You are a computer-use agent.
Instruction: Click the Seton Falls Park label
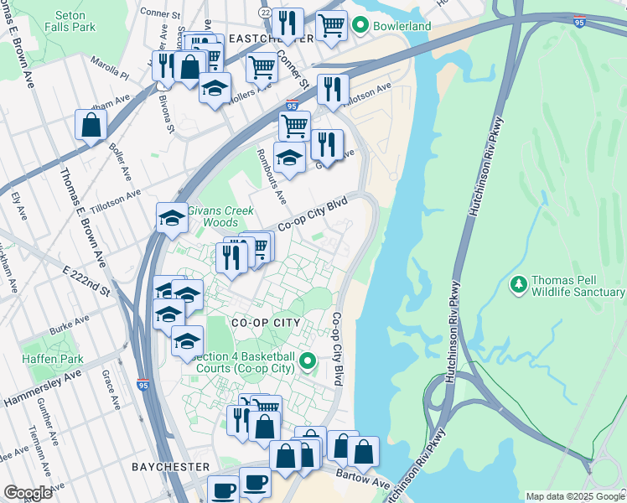tap(75, 21)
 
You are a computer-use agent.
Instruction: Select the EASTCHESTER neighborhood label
tap(259, 39)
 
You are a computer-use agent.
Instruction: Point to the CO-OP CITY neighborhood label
tap(254, 322)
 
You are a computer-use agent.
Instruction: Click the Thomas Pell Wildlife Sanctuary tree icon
tap(519, 286)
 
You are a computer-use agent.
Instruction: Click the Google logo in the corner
tap(28, 493)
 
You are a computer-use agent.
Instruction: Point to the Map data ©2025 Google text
tap(574, 496)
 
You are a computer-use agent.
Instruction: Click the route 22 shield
tap(266, 13)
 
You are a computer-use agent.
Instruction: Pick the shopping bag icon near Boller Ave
tap(91, 126)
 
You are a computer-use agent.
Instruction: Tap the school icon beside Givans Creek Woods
tap(172, 217)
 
